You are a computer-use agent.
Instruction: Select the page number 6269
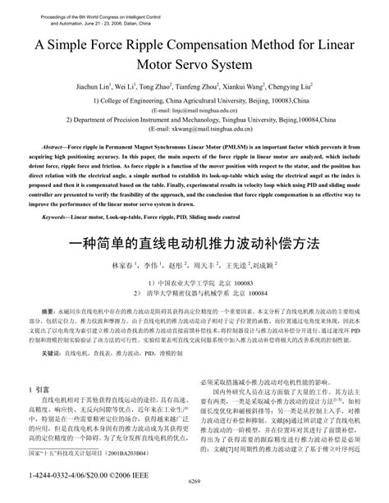click(x=194, y=492)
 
